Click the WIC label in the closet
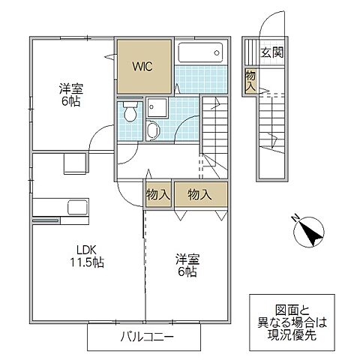[x=143, y=66]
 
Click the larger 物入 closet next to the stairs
[x=199, y=193]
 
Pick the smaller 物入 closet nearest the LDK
[x=157, y=193]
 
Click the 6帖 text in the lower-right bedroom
[x=187, y=274]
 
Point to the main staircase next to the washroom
[x=214, y=135]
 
